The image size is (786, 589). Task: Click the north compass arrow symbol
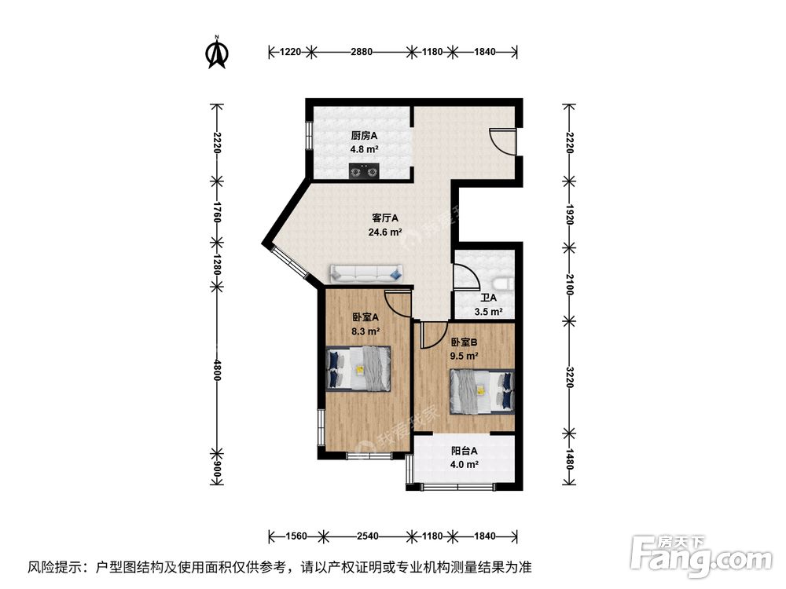tap(216, 52)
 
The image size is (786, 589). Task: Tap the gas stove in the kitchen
tap(363, 170)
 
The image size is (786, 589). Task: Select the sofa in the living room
tap(366, 273)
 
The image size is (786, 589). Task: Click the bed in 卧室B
tap(482, 391)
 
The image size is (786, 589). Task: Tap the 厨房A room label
tap(365, 135)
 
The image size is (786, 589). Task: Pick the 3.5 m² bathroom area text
tap(488, 312)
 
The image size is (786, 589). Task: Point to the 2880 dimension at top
tap(362, 52)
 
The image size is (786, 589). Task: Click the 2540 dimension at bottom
tap(368, 536)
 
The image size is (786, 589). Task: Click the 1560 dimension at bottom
tap(296, 536)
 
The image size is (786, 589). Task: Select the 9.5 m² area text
tap(464, 356)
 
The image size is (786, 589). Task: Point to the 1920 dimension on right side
tap(569, 213)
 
